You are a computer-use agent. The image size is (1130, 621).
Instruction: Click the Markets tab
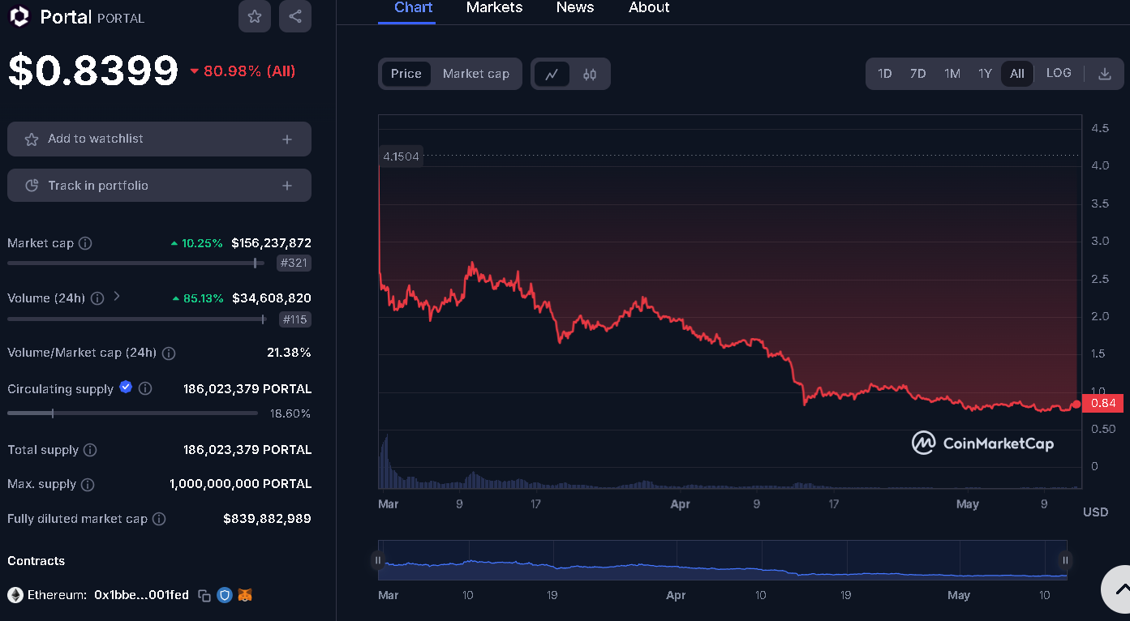pyautogui.click(x=494, y=8)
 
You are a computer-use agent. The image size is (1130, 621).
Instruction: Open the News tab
pyautogui.click(x=575, y=8)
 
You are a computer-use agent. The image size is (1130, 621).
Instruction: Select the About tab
pyautogui.click(x=649, y=8)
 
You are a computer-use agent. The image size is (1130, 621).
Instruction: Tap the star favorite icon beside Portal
pyautogui.click(x=255, y=16)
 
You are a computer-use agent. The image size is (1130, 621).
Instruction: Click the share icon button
pyautogui.click(x=295, y=16)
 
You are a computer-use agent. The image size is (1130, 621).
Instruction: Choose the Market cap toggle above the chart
pyautogui.click(x=476, y=74)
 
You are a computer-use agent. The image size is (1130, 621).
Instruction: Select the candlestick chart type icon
pyautogui.click(x=590, y=75)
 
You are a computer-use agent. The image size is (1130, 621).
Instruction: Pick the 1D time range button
pyautogui.click(x=884, y=74)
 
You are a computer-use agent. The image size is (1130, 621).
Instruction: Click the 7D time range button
pyautogui.click(x=917, y=74)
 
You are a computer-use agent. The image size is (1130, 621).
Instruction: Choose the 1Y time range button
pyautogui.click(x=985, y=74)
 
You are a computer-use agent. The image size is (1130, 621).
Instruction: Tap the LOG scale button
pyautogui.click(x=1059, y=73)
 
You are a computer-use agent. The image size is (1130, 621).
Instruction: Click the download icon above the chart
pyautogui.click(x=1104, y=74)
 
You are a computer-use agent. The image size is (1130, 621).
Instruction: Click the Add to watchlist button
pyautogui.click(x=159, y=139)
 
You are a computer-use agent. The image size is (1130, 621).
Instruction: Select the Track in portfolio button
pyautogui.click(x=159, y=186)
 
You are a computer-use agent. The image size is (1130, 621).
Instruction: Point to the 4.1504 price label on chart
pyautogui.click(x=401, y=156)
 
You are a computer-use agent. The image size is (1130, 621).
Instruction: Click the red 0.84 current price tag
pyautogui.click(x=1102, y=404)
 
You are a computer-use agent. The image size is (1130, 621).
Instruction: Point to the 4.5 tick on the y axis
pyautogui.click(x=1101, y=128)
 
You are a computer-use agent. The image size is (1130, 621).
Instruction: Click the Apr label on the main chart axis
pyautogui.click(x=680, y=504)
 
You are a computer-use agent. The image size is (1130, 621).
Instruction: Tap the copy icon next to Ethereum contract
pyautogui.click(x=204, y=595)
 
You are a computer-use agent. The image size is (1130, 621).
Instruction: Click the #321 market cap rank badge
pyautogui.click(x=294, y=263)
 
